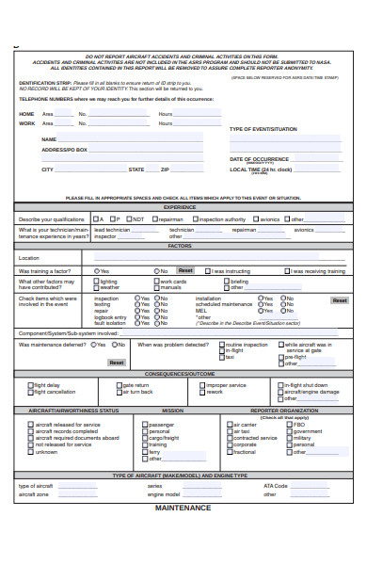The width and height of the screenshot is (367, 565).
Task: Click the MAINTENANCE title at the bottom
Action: click(x=183, y=508)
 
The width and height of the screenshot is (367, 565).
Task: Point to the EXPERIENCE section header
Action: click(x=180, y=206)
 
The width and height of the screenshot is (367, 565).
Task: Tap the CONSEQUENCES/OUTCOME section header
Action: click(x=180, y=374)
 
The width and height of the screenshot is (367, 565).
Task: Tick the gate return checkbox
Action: click(x=118, y=385)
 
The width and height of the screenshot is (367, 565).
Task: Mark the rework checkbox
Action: click(x=201, y=392)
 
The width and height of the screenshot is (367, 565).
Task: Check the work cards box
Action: click(x=155, y=281)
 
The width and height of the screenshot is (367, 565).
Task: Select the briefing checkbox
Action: click(x=226, y=281)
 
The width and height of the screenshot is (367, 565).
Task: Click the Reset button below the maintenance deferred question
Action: click(x=116, y=362)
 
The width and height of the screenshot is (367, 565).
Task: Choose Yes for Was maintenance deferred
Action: click(x=92, y=345)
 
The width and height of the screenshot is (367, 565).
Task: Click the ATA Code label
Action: click(x=275, y=486)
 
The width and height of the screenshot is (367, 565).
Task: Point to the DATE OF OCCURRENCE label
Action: click(x=259, y=159)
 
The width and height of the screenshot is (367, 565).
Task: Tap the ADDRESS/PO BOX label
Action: click(x=64, y=150)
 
